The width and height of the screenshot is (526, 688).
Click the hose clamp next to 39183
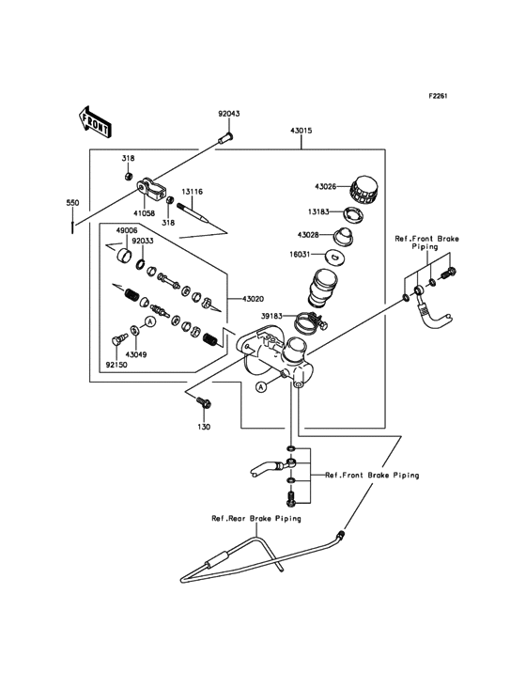306,325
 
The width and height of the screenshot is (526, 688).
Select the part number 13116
192,192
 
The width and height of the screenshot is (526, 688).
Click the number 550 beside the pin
71,201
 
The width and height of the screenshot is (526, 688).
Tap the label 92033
143,240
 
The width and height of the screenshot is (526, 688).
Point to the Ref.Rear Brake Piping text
255,518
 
